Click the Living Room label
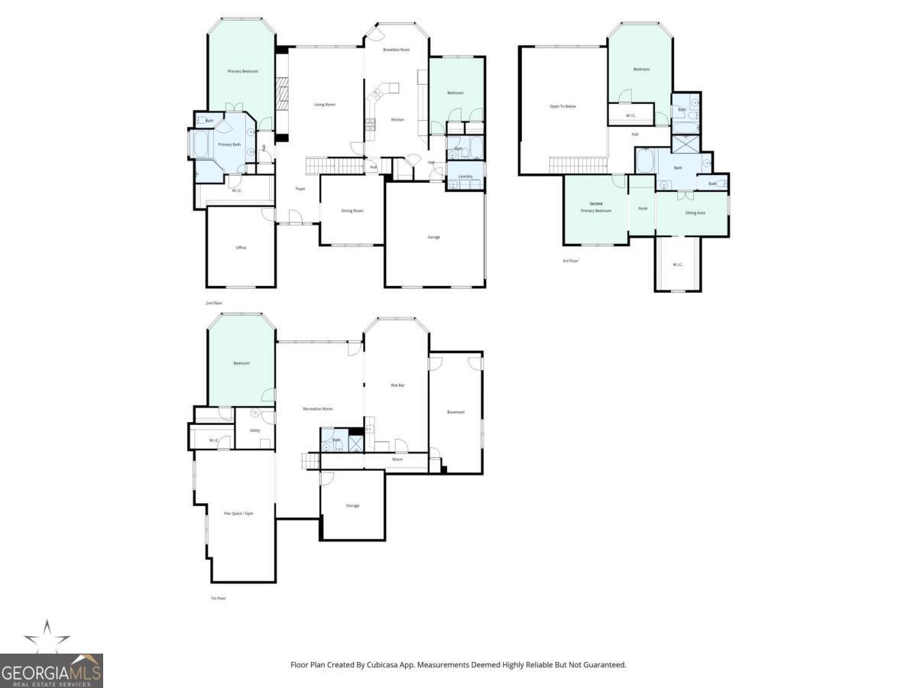[325, 105]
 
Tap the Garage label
[433, 237]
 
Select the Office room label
[241, 248]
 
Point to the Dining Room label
[352, 210]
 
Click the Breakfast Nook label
[397, 50]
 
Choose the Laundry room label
[465, 177]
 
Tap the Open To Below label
[562, 106]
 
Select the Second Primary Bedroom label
[596, 207]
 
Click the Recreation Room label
[318, 409]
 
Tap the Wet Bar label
[397, 385]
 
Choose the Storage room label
[352, 505]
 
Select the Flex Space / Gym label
[238, 514]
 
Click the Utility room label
[254, 430]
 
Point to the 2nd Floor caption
[213, 303]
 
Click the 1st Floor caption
[218, 598]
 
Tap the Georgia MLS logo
[51, 670]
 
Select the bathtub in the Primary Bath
[200, 144]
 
